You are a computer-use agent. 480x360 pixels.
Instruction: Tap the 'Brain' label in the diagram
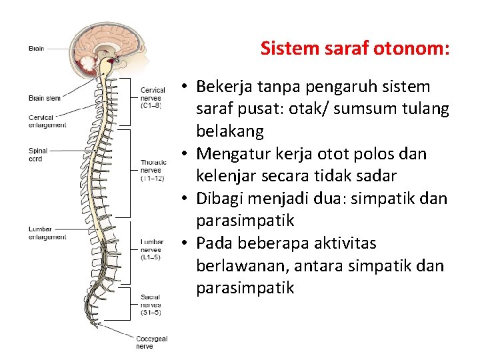tap(37, 48)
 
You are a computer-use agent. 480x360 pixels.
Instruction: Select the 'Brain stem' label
tap(45, 98)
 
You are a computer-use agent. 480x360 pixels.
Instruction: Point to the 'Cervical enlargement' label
tap(47, 121)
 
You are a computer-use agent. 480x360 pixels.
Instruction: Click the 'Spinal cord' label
tap(37, 155)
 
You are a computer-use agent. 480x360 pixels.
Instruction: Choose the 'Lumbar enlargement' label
tap(47, 233)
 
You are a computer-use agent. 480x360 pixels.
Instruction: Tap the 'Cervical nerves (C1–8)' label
tap(151, 97)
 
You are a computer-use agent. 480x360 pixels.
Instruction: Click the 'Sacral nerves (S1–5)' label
tap(151, 305)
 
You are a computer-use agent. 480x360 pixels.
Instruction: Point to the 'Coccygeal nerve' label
tap(152, 342)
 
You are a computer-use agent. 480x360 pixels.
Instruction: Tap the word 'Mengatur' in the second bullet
tap(229, 154)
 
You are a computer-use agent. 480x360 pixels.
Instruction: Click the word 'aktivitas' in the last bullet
tap(337, 243)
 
